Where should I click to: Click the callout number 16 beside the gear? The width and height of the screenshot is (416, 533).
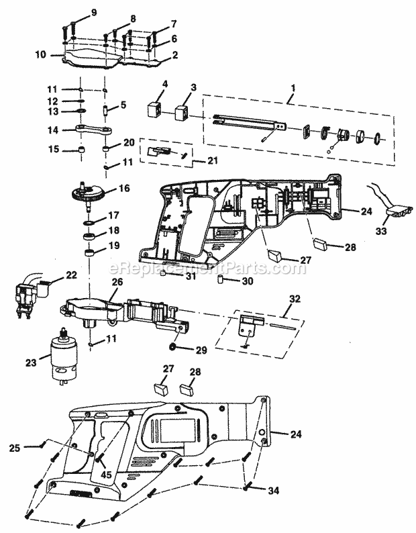pos(124,189)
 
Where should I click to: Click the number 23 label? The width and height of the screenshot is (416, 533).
pos(30,363)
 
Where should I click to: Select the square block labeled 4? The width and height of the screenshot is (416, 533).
pos(157,111)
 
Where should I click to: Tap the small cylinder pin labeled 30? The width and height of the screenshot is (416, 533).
pos(221,279)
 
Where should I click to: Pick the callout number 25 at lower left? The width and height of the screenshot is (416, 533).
pos(32,446)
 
